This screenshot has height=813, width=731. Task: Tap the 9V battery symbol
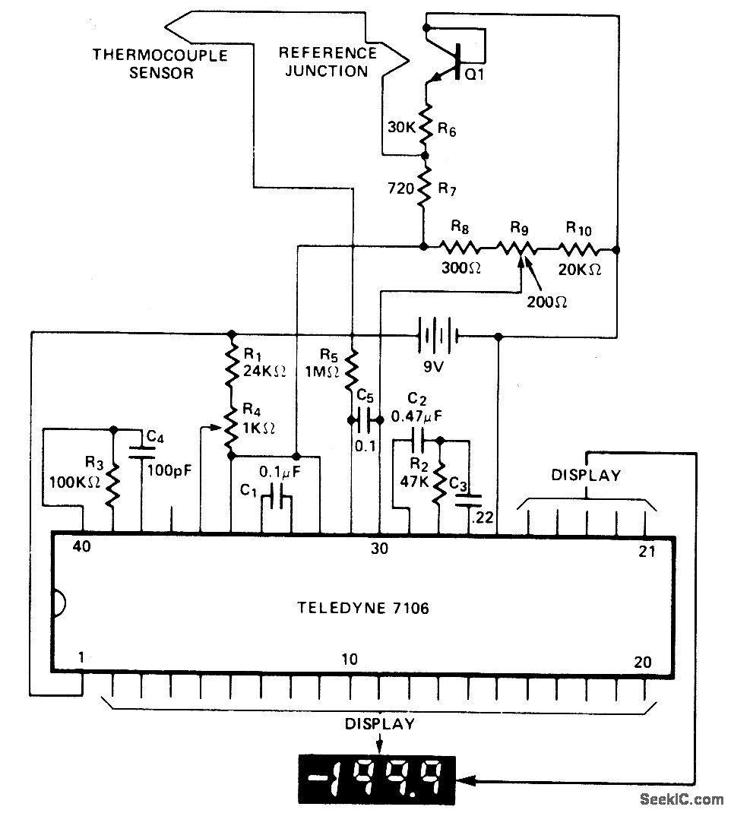(435, 335)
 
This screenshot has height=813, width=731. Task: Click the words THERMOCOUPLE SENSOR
(143, 64)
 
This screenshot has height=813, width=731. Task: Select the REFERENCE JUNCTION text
(328, 62)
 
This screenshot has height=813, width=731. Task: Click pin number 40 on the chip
(82, 547)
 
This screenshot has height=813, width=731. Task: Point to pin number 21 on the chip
(647, 551)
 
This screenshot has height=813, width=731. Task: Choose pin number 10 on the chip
(350, 660)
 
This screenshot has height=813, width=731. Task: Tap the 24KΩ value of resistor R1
(265, 371)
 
